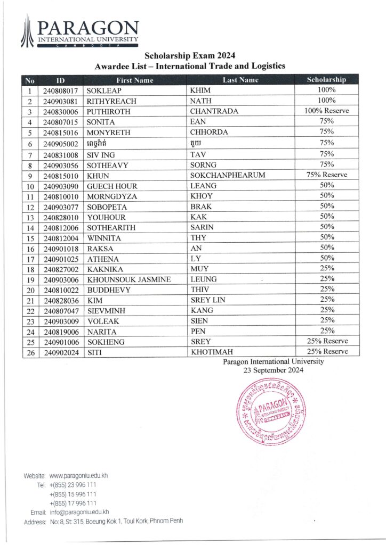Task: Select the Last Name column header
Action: (240, 80)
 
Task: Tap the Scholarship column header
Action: (326, 80)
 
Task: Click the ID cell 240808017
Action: (61, 90)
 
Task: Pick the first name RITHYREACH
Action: (112, 101)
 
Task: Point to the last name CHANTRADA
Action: (214, 112)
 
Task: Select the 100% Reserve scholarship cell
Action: (326, 111)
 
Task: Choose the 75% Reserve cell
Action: (326, 175)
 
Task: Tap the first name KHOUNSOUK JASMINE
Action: (129, 279)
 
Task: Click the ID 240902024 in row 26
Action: (61, 352)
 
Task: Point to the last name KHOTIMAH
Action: (213, 352)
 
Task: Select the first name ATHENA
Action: (103, 259)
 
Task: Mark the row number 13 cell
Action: (30, 217)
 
